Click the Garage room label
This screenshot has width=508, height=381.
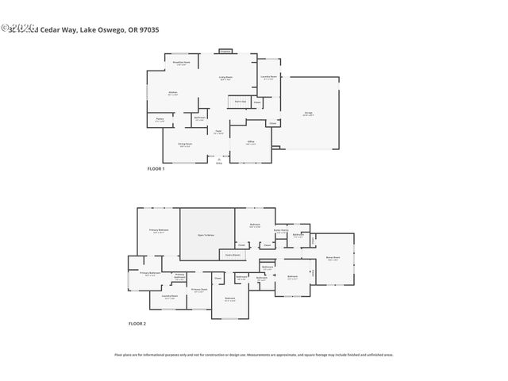(x=308, y=113)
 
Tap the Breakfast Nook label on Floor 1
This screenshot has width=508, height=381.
(x=181, y=62)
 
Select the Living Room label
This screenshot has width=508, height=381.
(x=226, y=78)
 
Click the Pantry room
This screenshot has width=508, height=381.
(x=160, y=121)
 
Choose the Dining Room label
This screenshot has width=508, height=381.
(x=184, y=144)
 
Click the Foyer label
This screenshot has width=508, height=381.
(x=217, y=133)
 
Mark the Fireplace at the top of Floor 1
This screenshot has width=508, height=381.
(x=225, y=52)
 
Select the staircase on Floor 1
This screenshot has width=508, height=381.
(x=239, y=102)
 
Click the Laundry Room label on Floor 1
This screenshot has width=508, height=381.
(x=269, y=77)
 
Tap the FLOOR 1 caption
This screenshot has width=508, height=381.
(x=156, y=169)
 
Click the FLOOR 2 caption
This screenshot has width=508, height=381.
(x=137, y=324)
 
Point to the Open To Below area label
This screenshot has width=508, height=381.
(x=206, y=235)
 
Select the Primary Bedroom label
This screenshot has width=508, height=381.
(x=159, y=230)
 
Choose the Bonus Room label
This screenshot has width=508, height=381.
(x=333, y=258)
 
